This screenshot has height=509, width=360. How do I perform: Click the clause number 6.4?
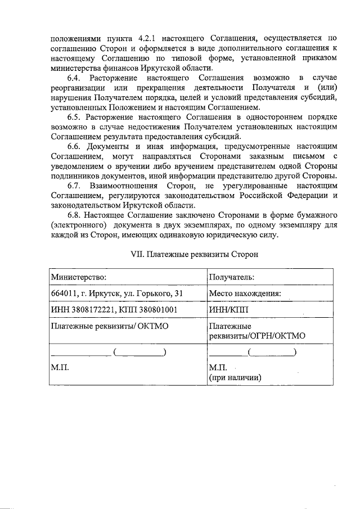pos(76,78)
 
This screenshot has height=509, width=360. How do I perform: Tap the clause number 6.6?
pos(76,146)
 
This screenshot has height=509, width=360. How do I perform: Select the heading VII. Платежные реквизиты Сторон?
pos(194,254)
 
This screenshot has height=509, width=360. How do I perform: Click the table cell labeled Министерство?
pos(79,277)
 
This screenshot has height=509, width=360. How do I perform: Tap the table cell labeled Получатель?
pos(231,277)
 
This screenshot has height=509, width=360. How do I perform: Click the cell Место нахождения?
pos(245,293)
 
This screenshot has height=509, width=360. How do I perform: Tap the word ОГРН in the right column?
pos(266,336)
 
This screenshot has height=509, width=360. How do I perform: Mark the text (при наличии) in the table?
pos(235,377)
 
